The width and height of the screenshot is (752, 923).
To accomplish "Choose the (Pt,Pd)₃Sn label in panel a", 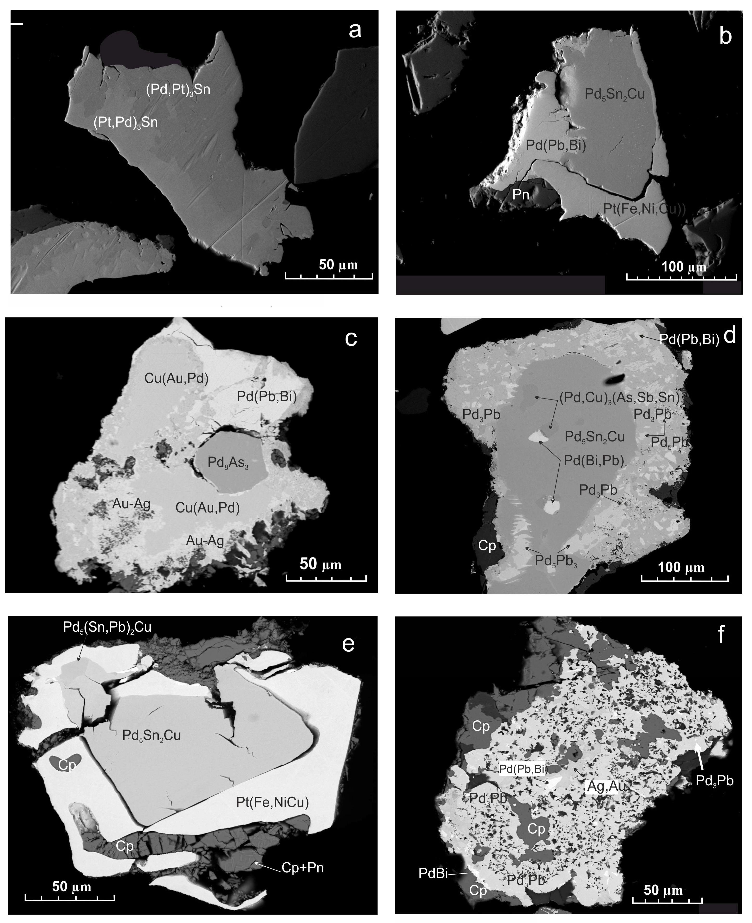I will pos(126,123).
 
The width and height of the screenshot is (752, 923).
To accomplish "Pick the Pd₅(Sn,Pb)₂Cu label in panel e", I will pos(107,627).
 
